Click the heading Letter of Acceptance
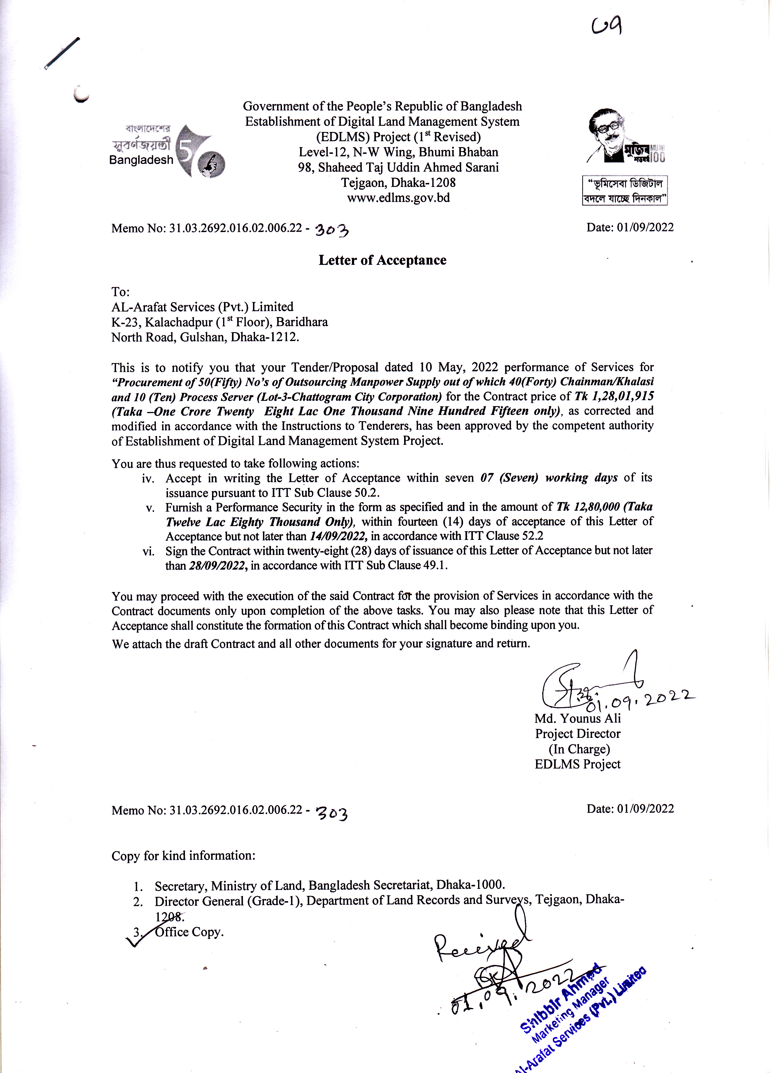click(382, 260)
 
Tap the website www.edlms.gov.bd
click(398, 198)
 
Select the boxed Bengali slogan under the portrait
click(624, 191)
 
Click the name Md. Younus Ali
click(577, 718)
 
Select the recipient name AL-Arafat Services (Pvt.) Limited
click(203, 307)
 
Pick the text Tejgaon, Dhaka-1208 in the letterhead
click(398, 183)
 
